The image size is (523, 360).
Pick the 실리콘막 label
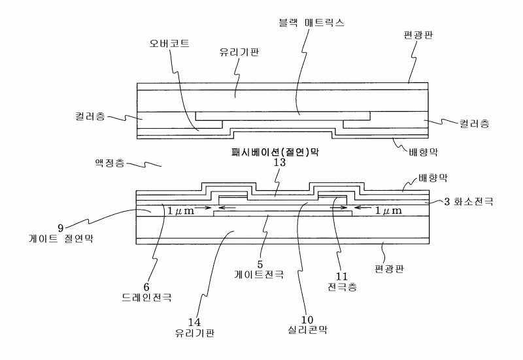point(309,330)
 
